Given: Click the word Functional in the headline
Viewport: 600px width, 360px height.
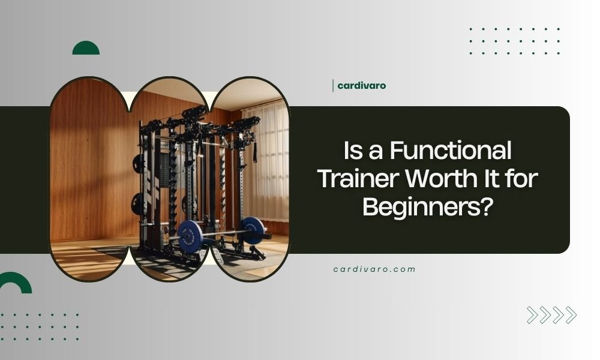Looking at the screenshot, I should (x=451, y=151).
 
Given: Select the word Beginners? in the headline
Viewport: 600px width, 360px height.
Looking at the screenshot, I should (x=428, y=207).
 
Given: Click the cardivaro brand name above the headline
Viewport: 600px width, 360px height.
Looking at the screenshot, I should (x=362, y=86).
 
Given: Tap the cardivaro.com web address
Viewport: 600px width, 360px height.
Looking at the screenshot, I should (x=374, y=269).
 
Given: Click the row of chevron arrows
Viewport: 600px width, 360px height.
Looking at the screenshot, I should (x=551, y=315).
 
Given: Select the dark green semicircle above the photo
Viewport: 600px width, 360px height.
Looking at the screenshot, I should (x=86, y=49).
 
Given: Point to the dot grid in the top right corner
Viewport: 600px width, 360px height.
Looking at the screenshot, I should (x=515, y=41).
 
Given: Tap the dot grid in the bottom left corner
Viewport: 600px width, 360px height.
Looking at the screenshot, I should (x=40, y=326).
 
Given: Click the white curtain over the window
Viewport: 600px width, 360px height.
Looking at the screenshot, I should (x=264, y=156).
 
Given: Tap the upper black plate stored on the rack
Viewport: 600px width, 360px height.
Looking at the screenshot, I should (x=139, y=163).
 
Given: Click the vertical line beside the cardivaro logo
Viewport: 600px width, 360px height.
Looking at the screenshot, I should (x=333, y=86).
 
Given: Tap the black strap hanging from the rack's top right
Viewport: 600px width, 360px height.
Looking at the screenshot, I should (x=254, y=151).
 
